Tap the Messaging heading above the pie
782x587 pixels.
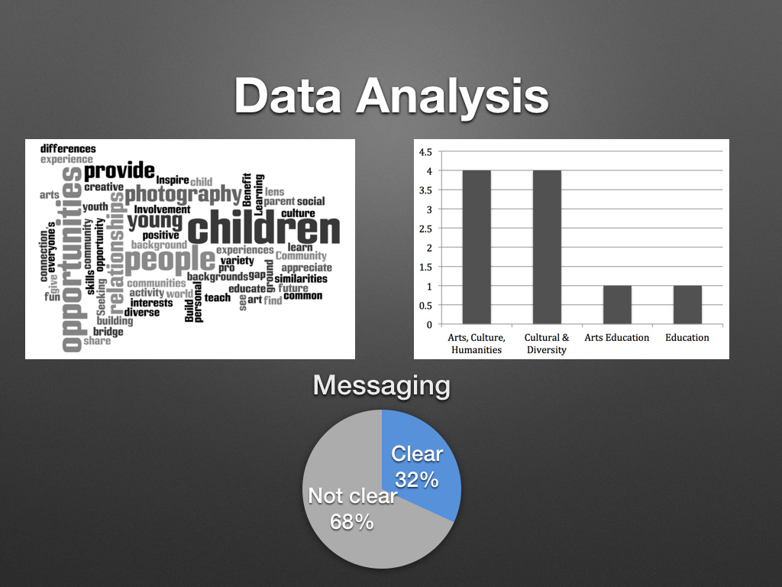point(382,386)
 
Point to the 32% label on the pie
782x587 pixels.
point(416,480)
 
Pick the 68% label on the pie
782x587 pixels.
point(351,522)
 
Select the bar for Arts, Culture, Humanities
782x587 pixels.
point(477,247)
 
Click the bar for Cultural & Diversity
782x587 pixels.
point(547,247)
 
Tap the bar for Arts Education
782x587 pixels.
point(617,304)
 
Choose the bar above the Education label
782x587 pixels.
point(687,304)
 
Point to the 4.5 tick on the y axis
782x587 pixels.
point(425,152)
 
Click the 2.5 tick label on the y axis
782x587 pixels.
point(425,229)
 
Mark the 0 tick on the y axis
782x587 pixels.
point(429,325)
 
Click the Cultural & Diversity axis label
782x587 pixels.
point(547,343)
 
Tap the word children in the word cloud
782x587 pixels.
point(263,228)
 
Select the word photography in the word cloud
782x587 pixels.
point(183,195)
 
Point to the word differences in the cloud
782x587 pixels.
point(68,149)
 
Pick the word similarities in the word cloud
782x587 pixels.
point(301,278)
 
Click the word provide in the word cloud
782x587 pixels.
point(119,170)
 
